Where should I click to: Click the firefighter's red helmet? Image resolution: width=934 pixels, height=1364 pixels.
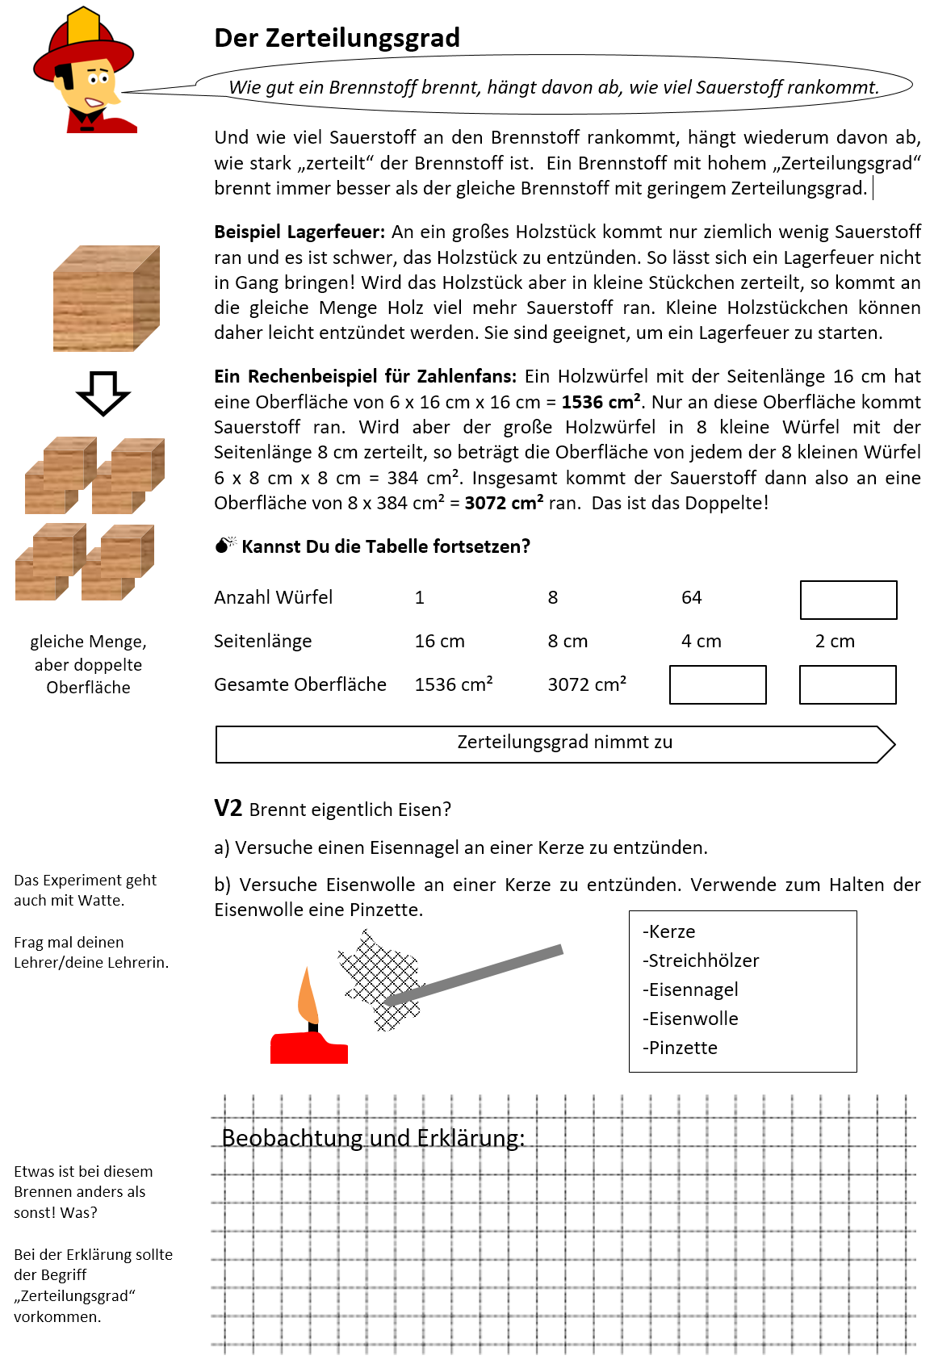tap(81, 48)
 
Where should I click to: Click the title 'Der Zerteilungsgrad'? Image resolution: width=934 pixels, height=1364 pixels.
tap(337, 38)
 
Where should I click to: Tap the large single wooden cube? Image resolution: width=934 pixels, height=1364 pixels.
tap(105, 299)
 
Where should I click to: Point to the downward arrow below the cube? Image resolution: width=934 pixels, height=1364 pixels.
tap(103, 393)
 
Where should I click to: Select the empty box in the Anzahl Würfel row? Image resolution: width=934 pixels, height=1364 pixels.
tap(848, 600)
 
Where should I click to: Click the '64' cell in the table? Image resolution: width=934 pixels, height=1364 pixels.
tap(691, 597)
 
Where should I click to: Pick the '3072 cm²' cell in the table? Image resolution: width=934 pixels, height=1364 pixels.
tap(587, 684)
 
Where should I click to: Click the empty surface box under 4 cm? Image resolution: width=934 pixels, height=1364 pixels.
tap(717, 684)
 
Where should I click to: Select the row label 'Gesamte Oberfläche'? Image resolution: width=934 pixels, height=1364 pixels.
tap(299, 684)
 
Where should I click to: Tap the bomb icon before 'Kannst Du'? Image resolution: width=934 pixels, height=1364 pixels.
tap(224, 546)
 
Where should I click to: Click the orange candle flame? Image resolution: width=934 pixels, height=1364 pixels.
tap(308, 997)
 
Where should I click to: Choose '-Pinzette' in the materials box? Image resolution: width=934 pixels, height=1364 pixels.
tap(680, 1048)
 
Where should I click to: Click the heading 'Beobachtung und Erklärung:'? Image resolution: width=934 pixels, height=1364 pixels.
tap(373, 1138)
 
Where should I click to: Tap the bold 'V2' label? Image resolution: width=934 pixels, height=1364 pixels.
tap(228, 808)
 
